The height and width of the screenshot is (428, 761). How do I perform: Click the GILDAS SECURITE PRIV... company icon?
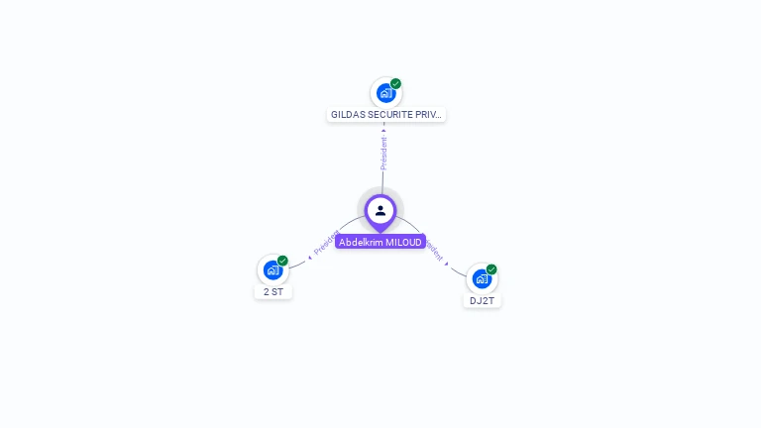pyautogui.click(x=385, y=93)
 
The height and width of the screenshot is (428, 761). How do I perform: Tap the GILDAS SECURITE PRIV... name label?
pyautogui.click(x=386, y=115)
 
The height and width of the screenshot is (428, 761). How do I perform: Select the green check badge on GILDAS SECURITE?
pyautogui.click(x=395, y=84)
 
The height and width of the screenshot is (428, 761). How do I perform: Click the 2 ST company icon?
pyautogui.click(x=272, y=270)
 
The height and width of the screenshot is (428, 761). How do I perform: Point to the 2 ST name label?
pyautogui.click(x=273, y=292)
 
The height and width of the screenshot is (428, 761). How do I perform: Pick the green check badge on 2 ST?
pyautogui.click(x=282, y=262)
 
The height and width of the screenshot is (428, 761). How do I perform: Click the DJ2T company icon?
pyautogui.click(x=482, y=278)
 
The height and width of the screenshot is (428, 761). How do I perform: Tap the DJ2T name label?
pyautogui.click(x=482, y=300)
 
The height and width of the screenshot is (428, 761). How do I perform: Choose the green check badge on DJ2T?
pyautogui.click(x=491, y=269)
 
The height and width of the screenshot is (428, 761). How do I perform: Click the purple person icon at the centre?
pyautogui.click(x=380, y=210)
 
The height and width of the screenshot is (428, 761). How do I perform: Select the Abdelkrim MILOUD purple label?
pyautogui.click(x=380, y=242)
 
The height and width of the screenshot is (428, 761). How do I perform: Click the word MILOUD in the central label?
pyautogui.click(x=404, y=242)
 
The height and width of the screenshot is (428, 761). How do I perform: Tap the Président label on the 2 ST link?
pyautogui.click(x=326, y=243)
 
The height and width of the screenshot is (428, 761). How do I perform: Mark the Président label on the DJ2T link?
pyautogui.click(x=433, y=249)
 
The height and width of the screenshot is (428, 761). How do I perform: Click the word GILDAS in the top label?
pyautogui.click(x=348, y=115)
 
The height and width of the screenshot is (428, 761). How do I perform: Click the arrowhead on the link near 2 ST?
pyautogui.click(x=310, y=258)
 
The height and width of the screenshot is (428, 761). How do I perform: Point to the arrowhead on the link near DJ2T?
pyautogui.click(x=447, y=264)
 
